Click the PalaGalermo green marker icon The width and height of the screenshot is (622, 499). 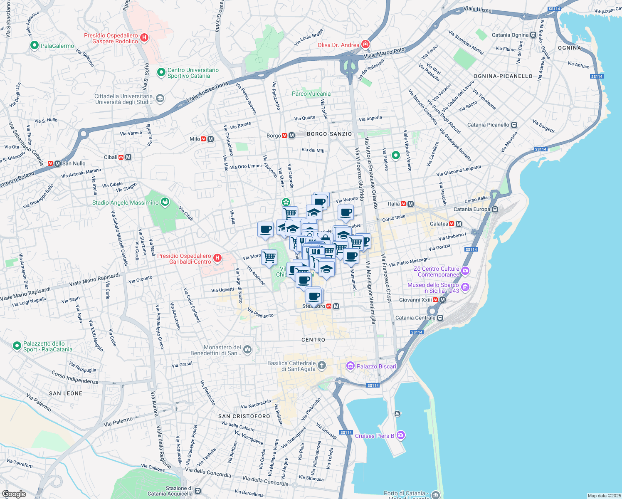[35, 46]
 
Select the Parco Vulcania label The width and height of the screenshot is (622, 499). [311, 94]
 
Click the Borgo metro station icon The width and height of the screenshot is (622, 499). [288, 136]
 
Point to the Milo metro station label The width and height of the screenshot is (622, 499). [195, 139]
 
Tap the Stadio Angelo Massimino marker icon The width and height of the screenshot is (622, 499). [165, 203]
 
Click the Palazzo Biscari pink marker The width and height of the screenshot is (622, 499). [350, 366]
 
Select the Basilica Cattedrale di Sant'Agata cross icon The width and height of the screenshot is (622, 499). [321, 366]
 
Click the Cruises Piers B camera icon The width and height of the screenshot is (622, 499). [401, 435]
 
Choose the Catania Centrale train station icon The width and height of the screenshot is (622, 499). [440, 318]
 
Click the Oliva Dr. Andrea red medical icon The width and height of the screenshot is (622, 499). [365, 44]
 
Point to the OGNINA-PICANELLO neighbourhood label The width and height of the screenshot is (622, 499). [503, 76]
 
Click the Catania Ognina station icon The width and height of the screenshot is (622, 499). [533, 35]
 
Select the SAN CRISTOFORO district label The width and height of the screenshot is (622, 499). [244, 416]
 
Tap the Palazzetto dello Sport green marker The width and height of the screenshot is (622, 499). [17, 346]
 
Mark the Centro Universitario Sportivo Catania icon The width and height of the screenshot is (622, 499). [161, 73]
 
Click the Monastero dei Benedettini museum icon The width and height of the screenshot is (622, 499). [247, 350]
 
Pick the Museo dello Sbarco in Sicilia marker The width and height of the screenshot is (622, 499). [465, 287]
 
